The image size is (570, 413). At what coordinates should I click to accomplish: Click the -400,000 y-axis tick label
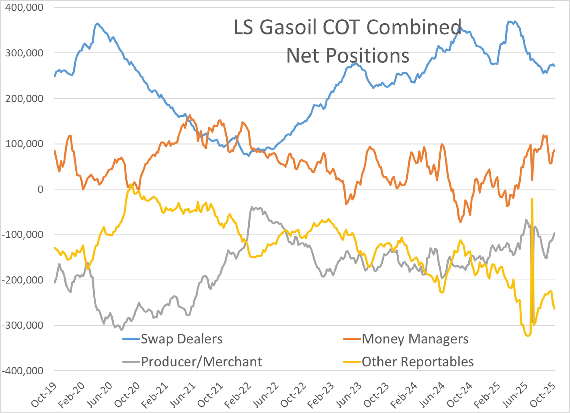coord(23,371)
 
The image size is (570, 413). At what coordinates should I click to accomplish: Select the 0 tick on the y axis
coord(40,189)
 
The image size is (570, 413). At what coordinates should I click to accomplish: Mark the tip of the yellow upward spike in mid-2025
coord(532,199)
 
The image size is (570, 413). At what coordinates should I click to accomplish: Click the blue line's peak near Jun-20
coord(97,24)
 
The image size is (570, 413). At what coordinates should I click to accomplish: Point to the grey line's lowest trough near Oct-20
coord(121,330)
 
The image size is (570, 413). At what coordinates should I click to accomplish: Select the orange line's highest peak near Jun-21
coord(190,115)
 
